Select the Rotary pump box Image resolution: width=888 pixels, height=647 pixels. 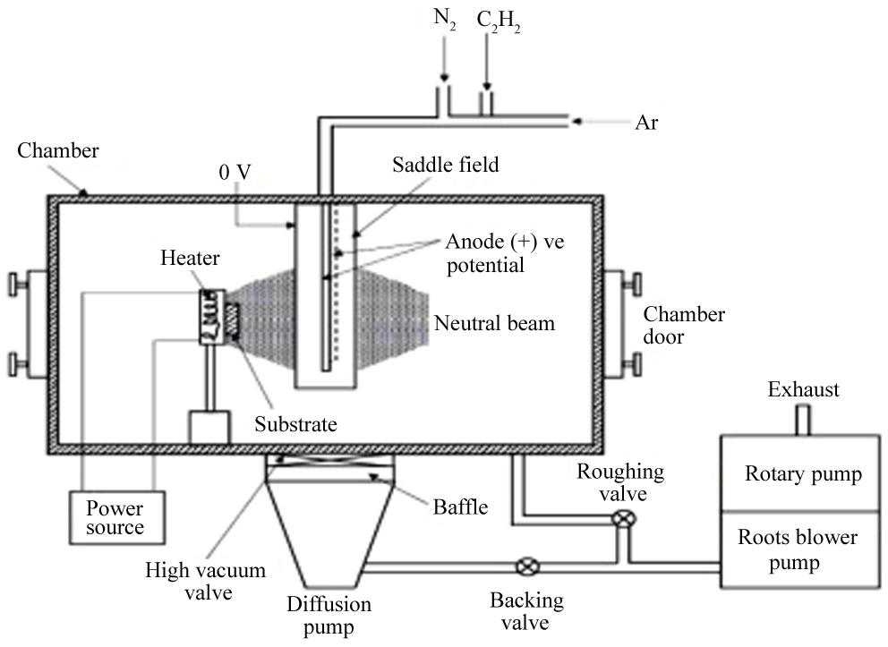(803, 473)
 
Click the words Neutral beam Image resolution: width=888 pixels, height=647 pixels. (494, 323)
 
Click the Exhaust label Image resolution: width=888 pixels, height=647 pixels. (803, 389)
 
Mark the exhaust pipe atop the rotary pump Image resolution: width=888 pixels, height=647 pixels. (803, 419)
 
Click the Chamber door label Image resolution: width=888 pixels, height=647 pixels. (685, 326)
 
